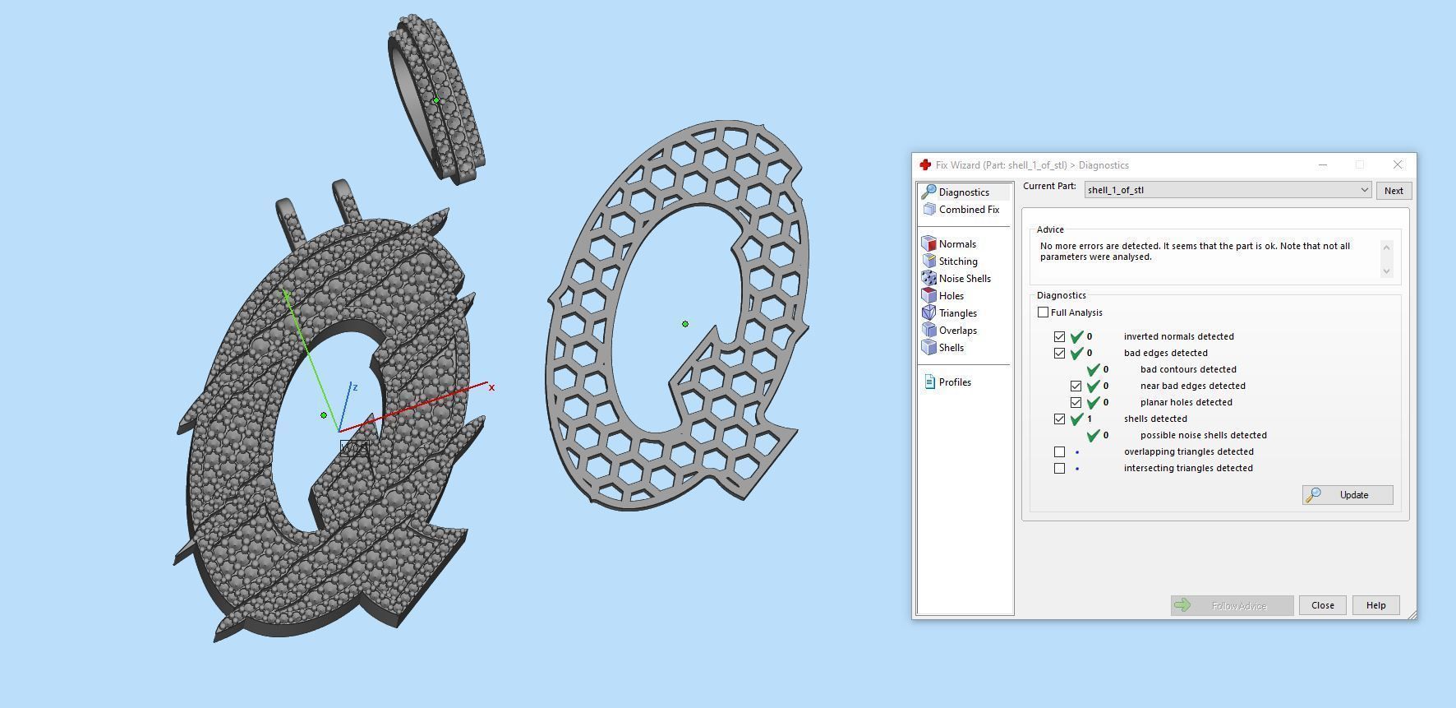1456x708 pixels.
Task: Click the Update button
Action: click(1348, 495)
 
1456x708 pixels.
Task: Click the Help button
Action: click(1375, 605)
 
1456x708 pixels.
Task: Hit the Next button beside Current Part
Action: click(1394, 191)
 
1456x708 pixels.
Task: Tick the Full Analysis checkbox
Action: click(1044, 312)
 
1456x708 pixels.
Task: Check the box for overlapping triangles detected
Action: click(1059, 451)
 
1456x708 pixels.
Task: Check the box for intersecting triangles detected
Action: click(1059, 468)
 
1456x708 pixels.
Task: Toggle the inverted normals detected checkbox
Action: click(1059, 336)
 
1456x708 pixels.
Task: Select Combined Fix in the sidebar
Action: click(968, 210)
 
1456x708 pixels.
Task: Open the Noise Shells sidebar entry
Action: click(964, 279)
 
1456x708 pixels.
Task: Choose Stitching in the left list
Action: click(957, 261)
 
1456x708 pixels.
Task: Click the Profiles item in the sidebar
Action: click(954, 382)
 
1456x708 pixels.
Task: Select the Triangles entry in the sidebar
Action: click(957, 313)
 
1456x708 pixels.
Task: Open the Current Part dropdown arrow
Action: click(1364, 190)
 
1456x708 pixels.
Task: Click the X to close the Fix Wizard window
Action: click(1398, 164)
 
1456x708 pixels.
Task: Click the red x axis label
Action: click(491, 387)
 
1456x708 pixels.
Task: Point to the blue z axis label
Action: click(354, 386)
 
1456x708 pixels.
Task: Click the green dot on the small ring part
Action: click(435, 100)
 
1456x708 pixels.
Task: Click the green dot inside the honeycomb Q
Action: click(685, 324)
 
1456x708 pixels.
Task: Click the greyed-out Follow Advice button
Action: click(1232, 605)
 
